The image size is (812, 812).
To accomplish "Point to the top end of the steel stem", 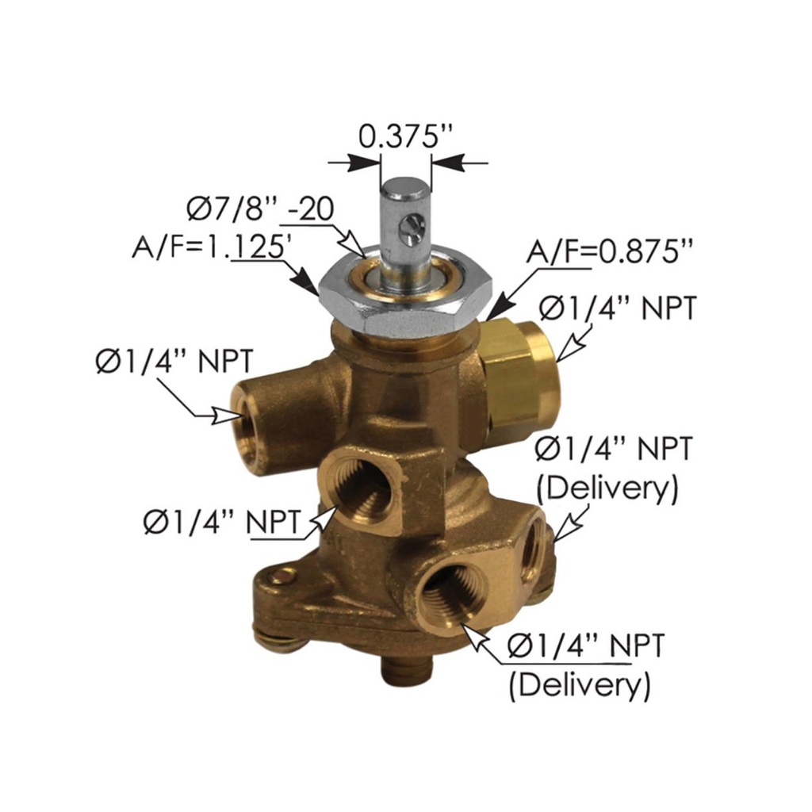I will click(404, 189).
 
